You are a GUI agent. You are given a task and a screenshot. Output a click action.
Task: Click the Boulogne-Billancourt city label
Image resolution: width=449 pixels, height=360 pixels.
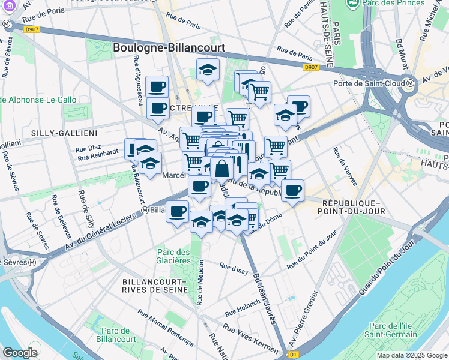point(169,47)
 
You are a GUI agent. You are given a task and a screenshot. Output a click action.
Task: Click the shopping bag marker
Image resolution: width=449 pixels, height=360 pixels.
point(221,169)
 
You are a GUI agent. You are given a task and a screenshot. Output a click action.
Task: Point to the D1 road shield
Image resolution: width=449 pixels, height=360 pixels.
point(293,355)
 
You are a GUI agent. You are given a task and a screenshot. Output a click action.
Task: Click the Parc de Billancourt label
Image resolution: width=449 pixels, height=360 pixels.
point(116,335)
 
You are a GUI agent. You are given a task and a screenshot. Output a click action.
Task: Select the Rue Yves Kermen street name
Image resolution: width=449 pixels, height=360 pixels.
point(250,338)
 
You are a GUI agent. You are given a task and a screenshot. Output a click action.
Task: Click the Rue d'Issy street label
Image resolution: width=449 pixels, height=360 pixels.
point(234,268)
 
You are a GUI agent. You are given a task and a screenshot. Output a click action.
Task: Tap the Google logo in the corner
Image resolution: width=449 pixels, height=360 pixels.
point(20,353)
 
